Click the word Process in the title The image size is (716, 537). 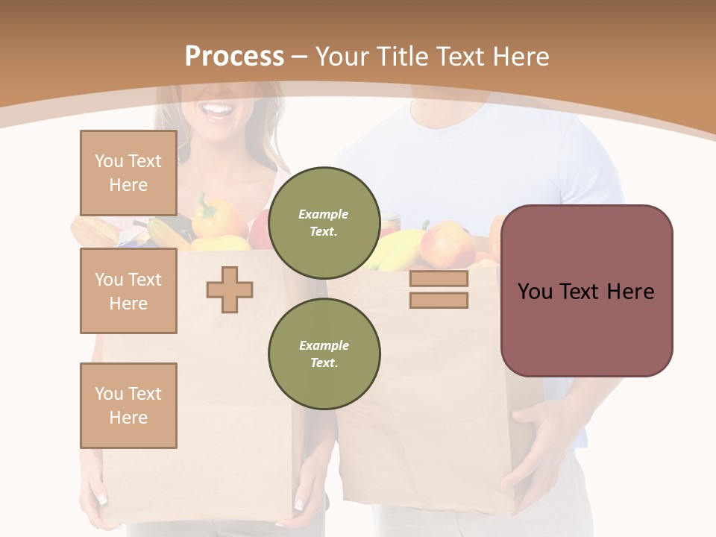[234, 57]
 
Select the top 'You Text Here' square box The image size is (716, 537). [128, 173]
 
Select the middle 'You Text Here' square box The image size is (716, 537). [128, 291]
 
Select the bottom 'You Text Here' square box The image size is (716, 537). [128, 405]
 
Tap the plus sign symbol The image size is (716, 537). [230, 289]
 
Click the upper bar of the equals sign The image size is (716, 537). [439, 278]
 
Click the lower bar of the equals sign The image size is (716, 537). [439, 300]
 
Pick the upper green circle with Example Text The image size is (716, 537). [324, 223]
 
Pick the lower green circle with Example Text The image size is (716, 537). [324, 354]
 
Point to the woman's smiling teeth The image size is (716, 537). [218, 111]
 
